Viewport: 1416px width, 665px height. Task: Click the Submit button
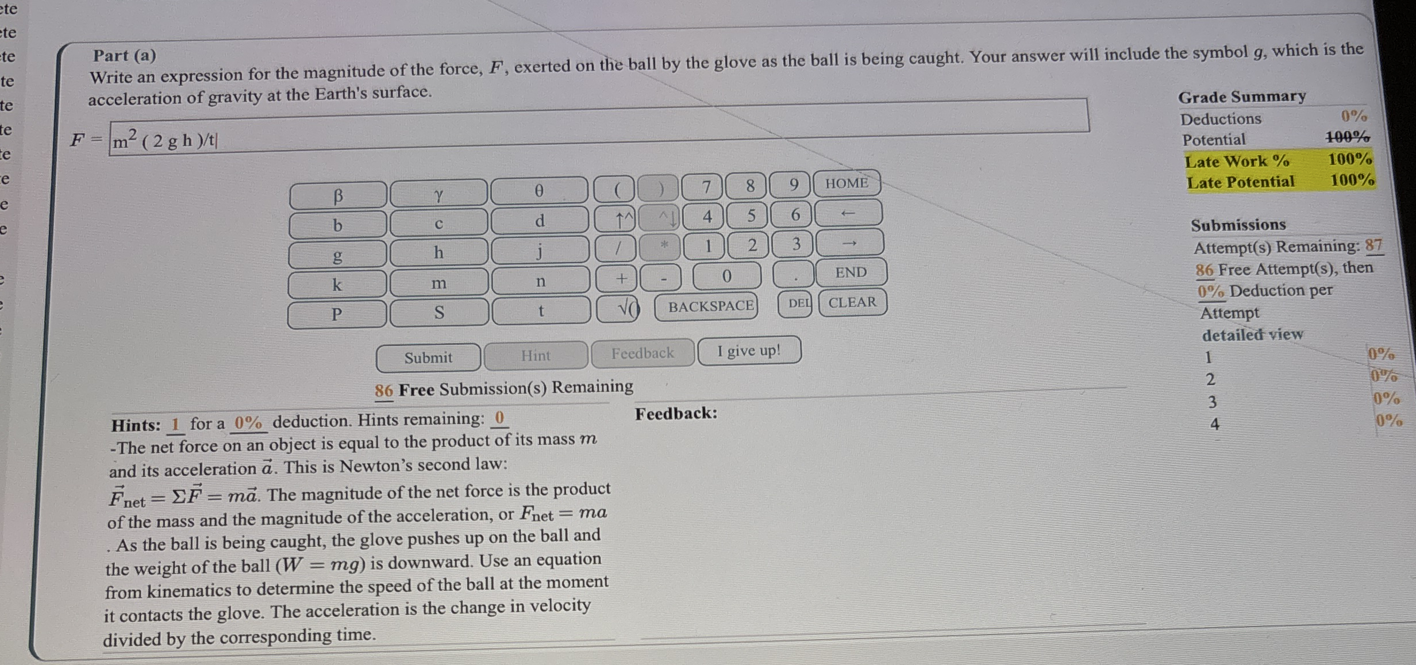pyautogui.click(x=428, y=358)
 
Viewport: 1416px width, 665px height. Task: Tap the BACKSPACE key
pyautogui.click(x=711, y=306)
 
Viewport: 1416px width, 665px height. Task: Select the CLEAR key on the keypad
pyautogui.click(x=853, y=302)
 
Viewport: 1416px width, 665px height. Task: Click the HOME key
pyautogui.click(x=846, y=183)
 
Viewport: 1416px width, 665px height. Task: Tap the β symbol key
pyautogui.click(x=338, y=195)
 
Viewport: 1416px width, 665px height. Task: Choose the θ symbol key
pyautogui.click(x=539, y=190)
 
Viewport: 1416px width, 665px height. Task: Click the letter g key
pyautogui.click(x=337, y=255)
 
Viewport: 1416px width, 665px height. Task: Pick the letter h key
pyautogui.click(x=438, y=252)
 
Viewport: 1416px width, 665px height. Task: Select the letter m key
pyautogui.click(x=439, y=283)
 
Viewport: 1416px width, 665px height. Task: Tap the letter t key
pyautogui.click(x=541, y=310)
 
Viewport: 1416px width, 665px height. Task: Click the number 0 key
pyautogui.click(x=727, y=276)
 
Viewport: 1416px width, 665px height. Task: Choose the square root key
pyautogui.click(x=618, y=309)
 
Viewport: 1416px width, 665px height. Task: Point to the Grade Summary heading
pyautogui.click(x=1242, y=97)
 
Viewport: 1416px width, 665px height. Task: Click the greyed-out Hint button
pyautogui.click(x=536, y=355)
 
